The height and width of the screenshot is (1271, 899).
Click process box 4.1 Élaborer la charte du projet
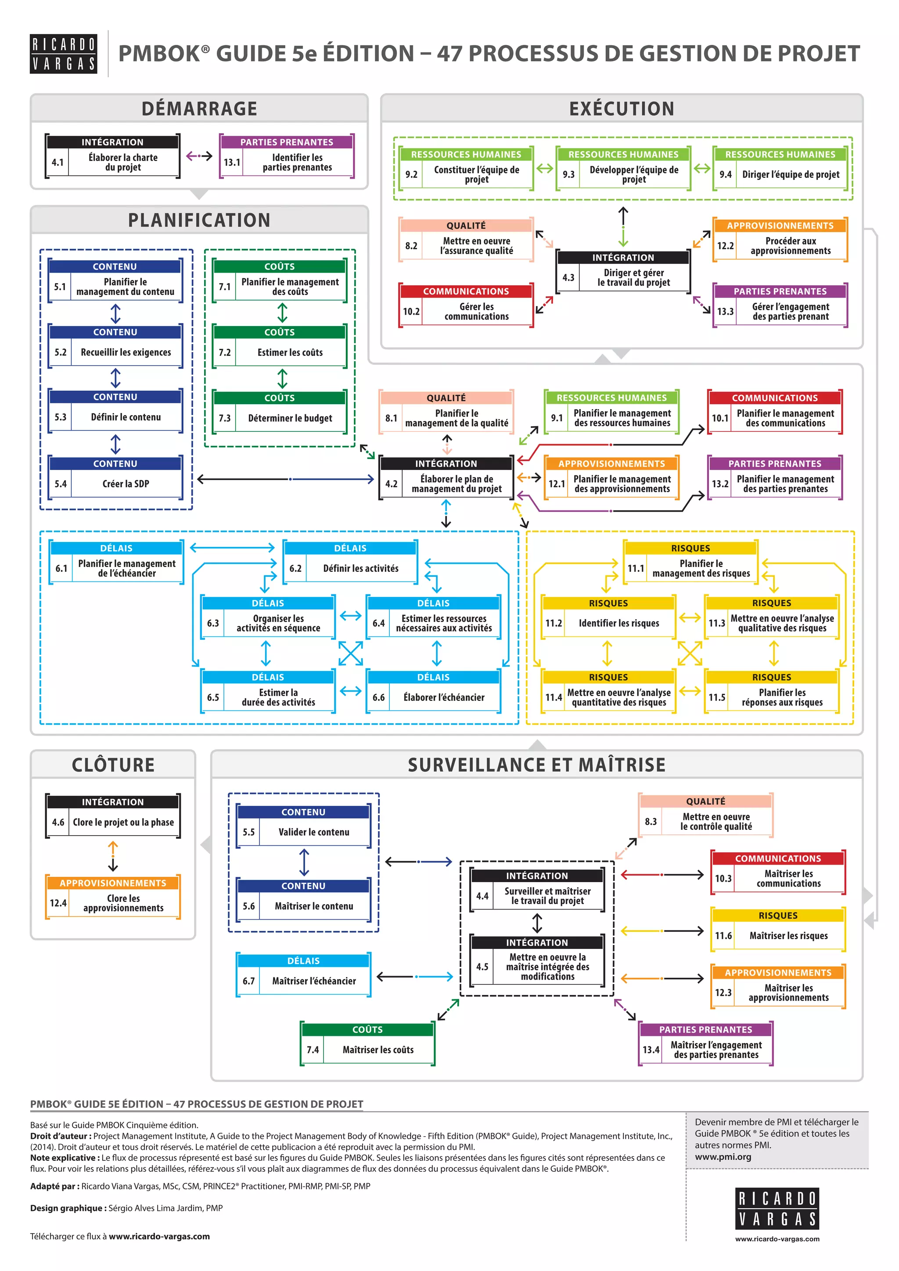click(113, 156)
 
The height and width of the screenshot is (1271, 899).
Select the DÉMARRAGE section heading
click(199, 108)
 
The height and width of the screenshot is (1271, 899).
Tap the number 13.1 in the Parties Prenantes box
click(232, 163)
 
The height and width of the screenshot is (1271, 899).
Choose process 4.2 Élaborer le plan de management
click(446, 478)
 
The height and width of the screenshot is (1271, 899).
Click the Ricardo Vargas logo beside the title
click(63, 54)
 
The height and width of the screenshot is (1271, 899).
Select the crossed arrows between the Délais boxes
click(350, 653)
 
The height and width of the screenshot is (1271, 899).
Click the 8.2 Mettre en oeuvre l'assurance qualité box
click(466, 240)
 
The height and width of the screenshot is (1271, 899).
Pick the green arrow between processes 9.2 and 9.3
click(545, 168)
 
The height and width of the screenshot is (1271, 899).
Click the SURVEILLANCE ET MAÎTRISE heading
click(536, 765)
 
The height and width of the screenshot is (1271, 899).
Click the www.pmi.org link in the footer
click(723, 1156)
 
